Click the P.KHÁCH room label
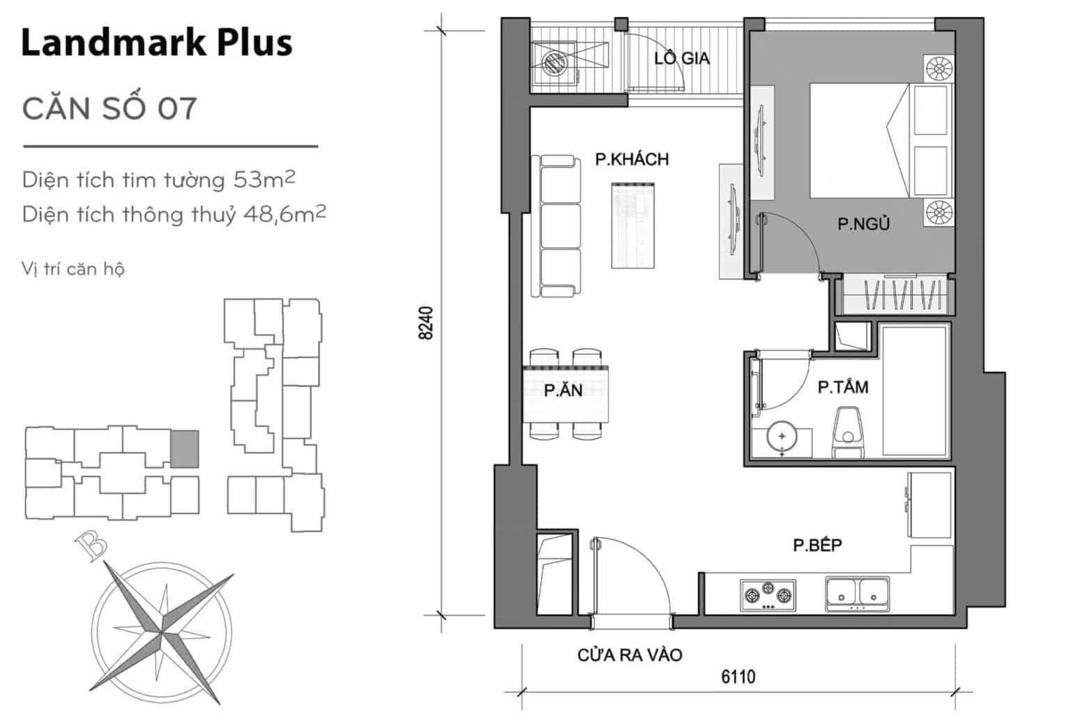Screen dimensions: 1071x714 click(632, 159)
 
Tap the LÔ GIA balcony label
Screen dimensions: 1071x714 click(682, 59)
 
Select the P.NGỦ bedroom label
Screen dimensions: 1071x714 click(863, 224)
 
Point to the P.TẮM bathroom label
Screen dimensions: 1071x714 click(843, 387)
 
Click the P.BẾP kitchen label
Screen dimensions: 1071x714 click(818, 545)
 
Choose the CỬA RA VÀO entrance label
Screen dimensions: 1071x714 click(630, 655)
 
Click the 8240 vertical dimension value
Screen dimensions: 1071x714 click(425, 324)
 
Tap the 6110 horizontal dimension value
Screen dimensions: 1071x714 click(738, 677)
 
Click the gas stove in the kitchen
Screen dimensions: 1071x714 click(768, 595)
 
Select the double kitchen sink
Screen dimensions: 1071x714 click(857, 594)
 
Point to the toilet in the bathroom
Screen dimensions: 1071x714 click(848, 432)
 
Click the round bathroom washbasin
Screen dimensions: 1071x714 click(782, 436)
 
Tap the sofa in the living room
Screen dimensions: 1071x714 click(556, 226)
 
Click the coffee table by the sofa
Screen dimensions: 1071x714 click(633, 226)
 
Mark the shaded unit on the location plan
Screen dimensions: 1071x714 click(185, 448)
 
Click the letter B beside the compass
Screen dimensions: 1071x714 click(91, 547)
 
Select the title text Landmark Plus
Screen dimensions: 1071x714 click(157, 43)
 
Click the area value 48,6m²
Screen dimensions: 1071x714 click(284, 214)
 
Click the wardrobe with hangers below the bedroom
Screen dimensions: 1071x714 click(894, 294)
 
